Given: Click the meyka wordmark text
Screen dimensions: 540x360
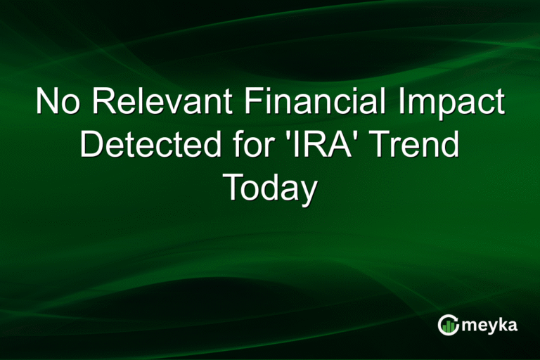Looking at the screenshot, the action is coord(489,326).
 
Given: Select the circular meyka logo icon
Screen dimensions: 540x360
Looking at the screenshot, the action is coord(449,325).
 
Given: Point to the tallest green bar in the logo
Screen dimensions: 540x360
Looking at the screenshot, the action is coord(452,327).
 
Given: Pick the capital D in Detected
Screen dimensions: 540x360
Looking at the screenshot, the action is coord(92,144).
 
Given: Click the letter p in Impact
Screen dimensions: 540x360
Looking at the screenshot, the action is coord(449,108).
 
